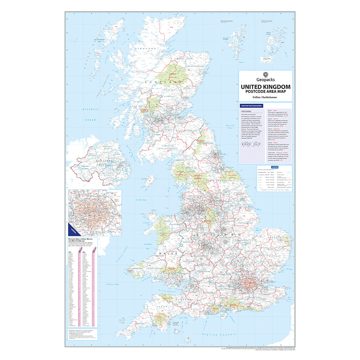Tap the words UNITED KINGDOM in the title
point(265,87)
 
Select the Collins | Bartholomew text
point(265,97)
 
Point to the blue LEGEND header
point(275,167)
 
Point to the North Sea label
point(229,126)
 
